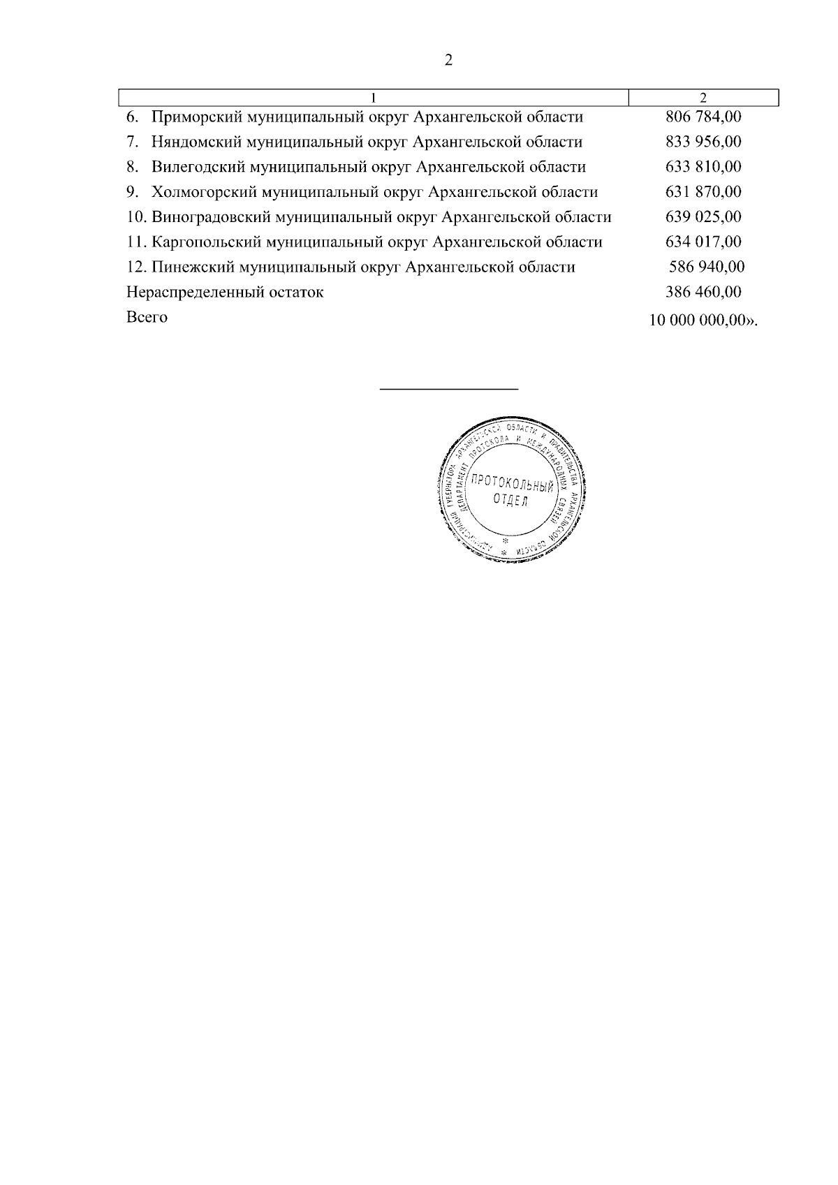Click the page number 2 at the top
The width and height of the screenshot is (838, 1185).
tap(448, 61)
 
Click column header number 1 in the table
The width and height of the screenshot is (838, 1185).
tap(374, 97)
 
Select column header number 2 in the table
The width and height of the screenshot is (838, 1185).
tap(703, 97)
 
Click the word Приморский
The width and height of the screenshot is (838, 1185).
tap(193, 117)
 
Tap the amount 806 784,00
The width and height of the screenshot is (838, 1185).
tap(703, 117)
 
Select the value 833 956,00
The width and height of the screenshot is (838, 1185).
tap(703, 142)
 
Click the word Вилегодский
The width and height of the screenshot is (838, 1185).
tap(196, 168)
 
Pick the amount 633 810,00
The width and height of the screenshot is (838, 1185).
tap(703, 168)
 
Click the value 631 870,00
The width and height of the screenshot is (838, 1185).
tap(703, 192)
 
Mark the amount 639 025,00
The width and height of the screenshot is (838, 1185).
tap(703, 217)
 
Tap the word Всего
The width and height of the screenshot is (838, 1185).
tap(147, 317)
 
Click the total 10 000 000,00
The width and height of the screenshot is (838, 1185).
tap(698, 321)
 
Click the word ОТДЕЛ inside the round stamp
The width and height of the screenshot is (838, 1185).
tap(510, 501)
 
